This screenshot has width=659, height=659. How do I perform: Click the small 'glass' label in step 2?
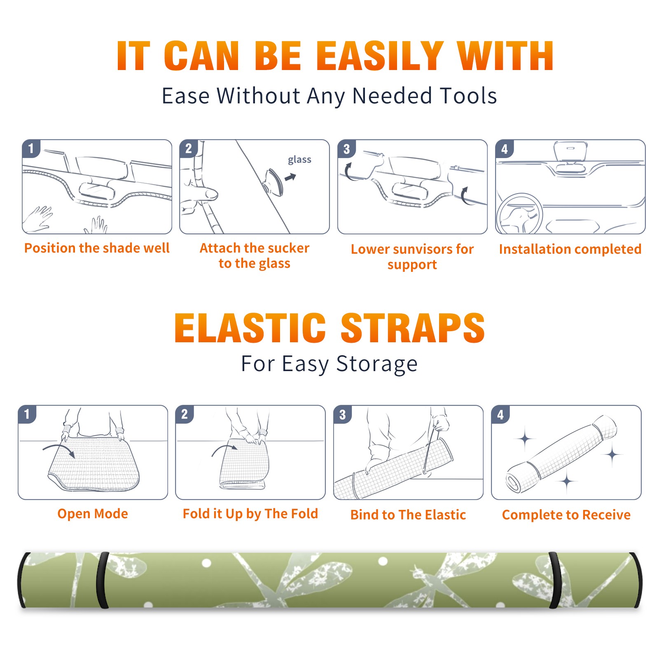tap(299, 160)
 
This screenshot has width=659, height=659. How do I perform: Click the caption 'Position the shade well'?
tap(97, 248)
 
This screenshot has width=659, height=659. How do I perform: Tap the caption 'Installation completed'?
tap(570, 249)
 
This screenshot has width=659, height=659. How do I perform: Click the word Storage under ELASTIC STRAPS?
tap(377, 364)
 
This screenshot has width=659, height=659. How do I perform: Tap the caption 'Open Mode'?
tap(93, 514)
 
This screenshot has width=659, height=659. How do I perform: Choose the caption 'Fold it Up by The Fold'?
tap(250, 514)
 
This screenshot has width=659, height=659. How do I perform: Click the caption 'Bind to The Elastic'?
tap(408, 515)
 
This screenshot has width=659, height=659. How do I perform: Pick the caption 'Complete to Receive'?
tap(566, 515)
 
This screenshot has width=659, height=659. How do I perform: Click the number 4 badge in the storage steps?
tap(500, 414)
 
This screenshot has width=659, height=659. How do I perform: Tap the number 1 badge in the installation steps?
tap(31, 148)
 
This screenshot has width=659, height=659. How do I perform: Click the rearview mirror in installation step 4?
tap(570, 152)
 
